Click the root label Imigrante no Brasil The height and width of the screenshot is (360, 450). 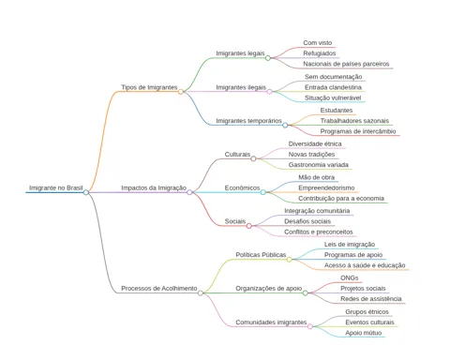(56, 187)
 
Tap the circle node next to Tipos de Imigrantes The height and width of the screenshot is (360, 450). (181, 92)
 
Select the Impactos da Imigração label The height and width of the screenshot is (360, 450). (154, 187)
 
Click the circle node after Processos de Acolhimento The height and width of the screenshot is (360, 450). (201, 292)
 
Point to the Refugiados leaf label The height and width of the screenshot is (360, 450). (320, 53)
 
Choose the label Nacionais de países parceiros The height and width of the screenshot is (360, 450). (346, 64)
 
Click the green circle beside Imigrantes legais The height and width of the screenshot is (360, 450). (268, 58)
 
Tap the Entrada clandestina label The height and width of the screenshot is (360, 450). (333, 87)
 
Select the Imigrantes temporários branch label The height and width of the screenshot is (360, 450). (248, 121)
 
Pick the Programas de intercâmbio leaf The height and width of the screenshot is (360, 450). (358, 131)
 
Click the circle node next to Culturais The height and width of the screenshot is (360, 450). (253, 158)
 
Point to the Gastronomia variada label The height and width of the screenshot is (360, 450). (319, 165)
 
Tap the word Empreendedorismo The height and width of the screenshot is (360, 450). (326, 187)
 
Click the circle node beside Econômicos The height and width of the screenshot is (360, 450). (263, 192)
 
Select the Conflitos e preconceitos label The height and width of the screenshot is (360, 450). (319, 232)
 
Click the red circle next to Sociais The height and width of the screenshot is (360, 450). (249, 226)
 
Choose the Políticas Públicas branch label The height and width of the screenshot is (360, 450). (261, 255)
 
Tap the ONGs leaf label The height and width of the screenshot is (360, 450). (350, 277)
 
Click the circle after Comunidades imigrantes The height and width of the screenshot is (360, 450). (310, 326)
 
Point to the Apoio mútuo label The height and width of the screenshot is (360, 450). (364, 333)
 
